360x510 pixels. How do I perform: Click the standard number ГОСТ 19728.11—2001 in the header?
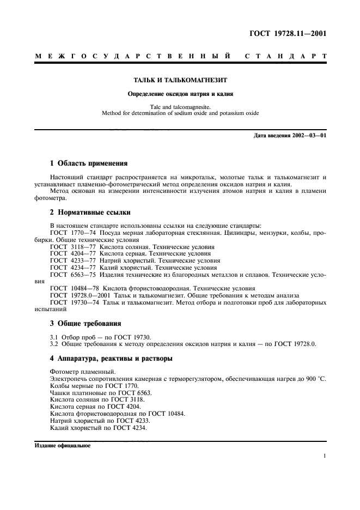(x=286, y=34)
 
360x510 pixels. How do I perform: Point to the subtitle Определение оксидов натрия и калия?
(x=180, y=94)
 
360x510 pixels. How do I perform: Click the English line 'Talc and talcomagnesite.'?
(x=180, y=107)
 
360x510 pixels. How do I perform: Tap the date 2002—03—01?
(x=307, y=135)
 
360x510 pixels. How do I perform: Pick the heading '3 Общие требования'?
(x=86, y=323)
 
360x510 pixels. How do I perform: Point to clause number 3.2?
(x=54, y=344)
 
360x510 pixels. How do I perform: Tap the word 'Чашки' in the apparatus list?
(x=60, y=392)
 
